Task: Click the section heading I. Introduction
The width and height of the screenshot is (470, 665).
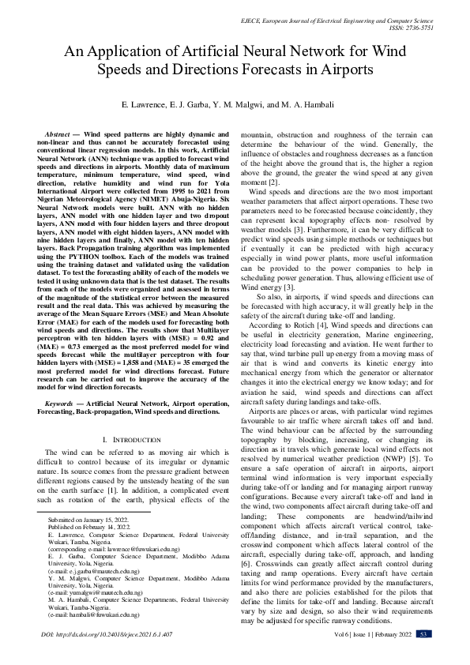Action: tap(132, 438)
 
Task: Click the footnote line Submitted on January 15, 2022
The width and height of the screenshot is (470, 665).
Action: tap(88, 522)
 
